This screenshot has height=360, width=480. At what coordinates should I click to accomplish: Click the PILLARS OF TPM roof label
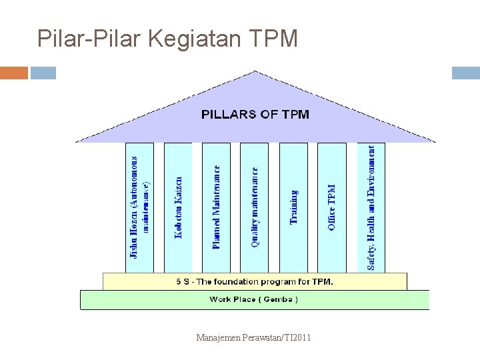pyautogui.click(x=255, y=114)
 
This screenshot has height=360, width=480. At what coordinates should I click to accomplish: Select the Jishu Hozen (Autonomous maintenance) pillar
pyautogui.click(x=139, y=207)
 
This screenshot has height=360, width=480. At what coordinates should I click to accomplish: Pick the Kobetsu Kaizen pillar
pyautogui.click(x=177, y=207)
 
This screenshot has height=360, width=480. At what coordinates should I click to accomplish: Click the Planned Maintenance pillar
pyautogui.click(x=216, y=207)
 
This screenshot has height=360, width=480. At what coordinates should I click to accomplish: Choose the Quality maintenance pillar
pyautogui.click(x=255, y=207)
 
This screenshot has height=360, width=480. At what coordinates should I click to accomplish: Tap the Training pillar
pyautogui.click(x=293, y=207)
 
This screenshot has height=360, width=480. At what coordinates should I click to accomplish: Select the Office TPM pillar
pyautogui.click(x=331, y=207)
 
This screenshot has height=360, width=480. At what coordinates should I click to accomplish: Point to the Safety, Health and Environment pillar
pyautogui.click(x=371, y=207)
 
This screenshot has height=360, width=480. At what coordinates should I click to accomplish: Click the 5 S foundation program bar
pyautogui.click(x=255, y=281)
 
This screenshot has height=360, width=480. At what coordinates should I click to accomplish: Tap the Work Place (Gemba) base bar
pyautogui.click(x=254, y=299)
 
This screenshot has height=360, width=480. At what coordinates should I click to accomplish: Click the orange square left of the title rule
pyautogui.click(x=14, y=73)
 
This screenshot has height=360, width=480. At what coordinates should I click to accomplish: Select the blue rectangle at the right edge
pyautogui.click(x=465, y=73)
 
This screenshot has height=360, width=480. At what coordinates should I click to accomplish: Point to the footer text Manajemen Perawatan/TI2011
pyautogui.click(x=253, y=339)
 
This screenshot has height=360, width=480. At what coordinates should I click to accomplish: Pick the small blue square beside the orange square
pyautogui.click(x=43, y=73)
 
